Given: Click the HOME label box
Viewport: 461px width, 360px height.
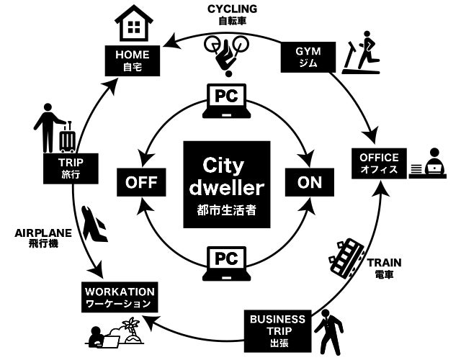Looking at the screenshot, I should [128, 60].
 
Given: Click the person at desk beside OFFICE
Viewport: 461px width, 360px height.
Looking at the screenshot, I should [430, 164].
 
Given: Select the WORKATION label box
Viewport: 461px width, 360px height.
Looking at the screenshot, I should [120, 297].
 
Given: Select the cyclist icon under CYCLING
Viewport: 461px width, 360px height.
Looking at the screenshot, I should [228, 53].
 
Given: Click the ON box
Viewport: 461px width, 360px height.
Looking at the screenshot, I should [309, 182].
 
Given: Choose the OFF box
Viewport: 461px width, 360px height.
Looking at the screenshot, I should [142, 182].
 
